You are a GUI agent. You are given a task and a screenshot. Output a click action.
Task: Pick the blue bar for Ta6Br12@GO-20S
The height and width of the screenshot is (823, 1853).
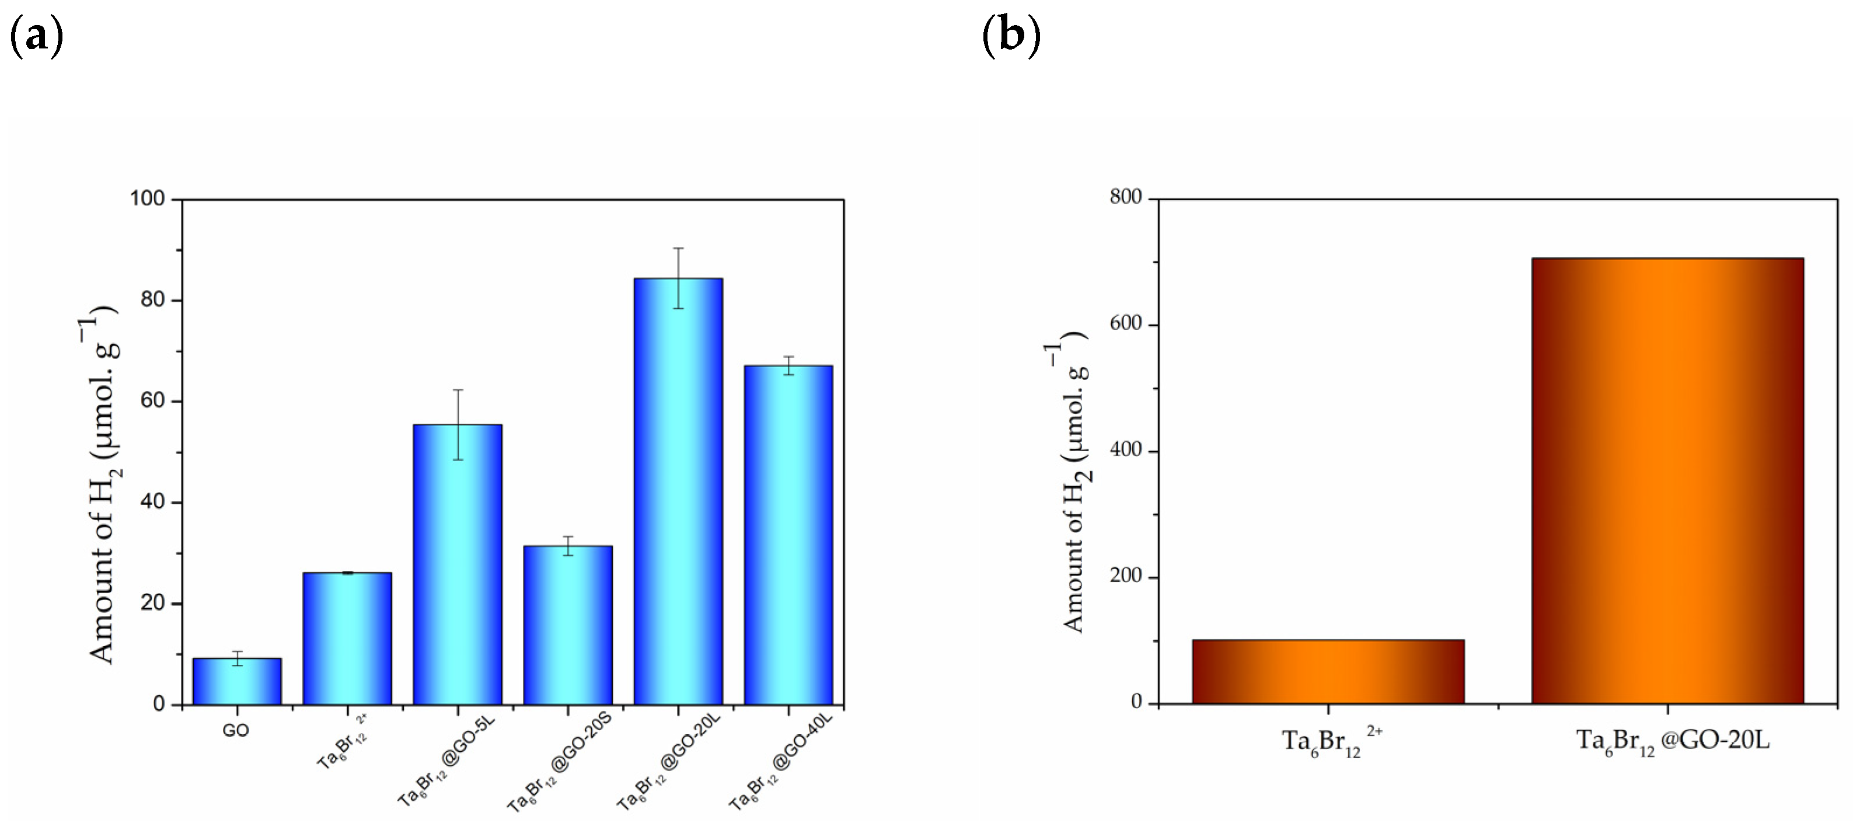567,625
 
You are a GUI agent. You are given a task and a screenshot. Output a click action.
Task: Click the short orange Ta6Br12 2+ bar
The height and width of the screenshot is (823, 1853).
1328,672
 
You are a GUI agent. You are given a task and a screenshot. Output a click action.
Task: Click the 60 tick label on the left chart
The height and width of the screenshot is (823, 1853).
152,401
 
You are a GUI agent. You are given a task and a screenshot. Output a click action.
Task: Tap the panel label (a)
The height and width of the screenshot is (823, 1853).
36,36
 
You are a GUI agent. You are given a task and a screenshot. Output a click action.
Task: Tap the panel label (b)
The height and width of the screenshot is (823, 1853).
1011,36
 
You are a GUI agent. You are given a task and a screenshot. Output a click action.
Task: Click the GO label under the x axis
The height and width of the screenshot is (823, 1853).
235,731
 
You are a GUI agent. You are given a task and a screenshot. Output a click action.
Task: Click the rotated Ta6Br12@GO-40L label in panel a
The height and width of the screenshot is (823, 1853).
780,762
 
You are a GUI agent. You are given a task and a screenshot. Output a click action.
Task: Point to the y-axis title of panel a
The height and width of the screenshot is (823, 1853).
103,486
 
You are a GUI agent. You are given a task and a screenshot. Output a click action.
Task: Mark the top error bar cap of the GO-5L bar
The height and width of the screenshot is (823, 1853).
458,390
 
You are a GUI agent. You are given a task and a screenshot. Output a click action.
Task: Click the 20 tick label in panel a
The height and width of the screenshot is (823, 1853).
152,604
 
